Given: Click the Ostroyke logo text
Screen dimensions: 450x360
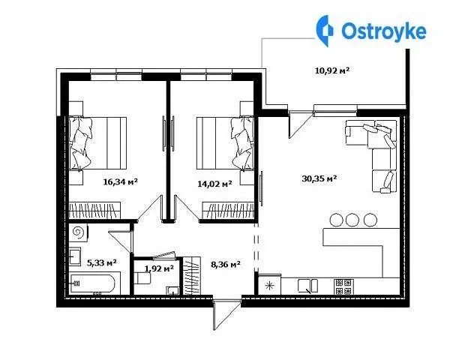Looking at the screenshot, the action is coord(384,31).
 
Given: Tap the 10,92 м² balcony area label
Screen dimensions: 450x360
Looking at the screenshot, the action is coord(332,70).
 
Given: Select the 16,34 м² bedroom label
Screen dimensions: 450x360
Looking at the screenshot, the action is coord(121,181).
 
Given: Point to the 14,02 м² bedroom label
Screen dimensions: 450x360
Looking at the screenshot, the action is coord(214,184).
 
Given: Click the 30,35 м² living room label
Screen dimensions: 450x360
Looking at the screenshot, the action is coord(319,178).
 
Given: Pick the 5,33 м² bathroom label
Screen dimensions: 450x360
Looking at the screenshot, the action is coord(101,262).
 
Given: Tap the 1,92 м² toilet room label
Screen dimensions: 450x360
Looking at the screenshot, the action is coord(159,268).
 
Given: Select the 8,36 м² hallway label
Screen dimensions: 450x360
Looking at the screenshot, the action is coord(226,265).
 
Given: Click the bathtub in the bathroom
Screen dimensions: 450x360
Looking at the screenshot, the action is coord(93,283).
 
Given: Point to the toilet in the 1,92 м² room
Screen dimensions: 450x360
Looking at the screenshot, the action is coord(142,278).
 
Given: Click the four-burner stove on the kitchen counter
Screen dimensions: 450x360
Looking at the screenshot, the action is coord(343,286).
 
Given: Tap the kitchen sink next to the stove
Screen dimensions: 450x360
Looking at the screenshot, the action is coord(308,286).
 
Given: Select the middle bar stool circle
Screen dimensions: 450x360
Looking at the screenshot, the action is coord(352,220).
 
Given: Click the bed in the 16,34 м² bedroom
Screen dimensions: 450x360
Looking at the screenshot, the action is coord(97,143).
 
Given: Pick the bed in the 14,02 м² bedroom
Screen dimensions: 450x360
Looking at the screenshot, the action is coord(225,143).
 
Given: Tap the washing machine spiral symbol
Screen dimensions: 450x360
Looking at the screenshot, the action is coord(78,232).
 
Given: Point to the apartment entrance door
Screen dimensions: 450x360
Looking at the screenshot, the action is coord(226,314).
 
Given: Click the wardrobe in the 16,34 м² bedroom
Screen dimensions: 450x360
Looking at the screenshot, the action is coord(94,211).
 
